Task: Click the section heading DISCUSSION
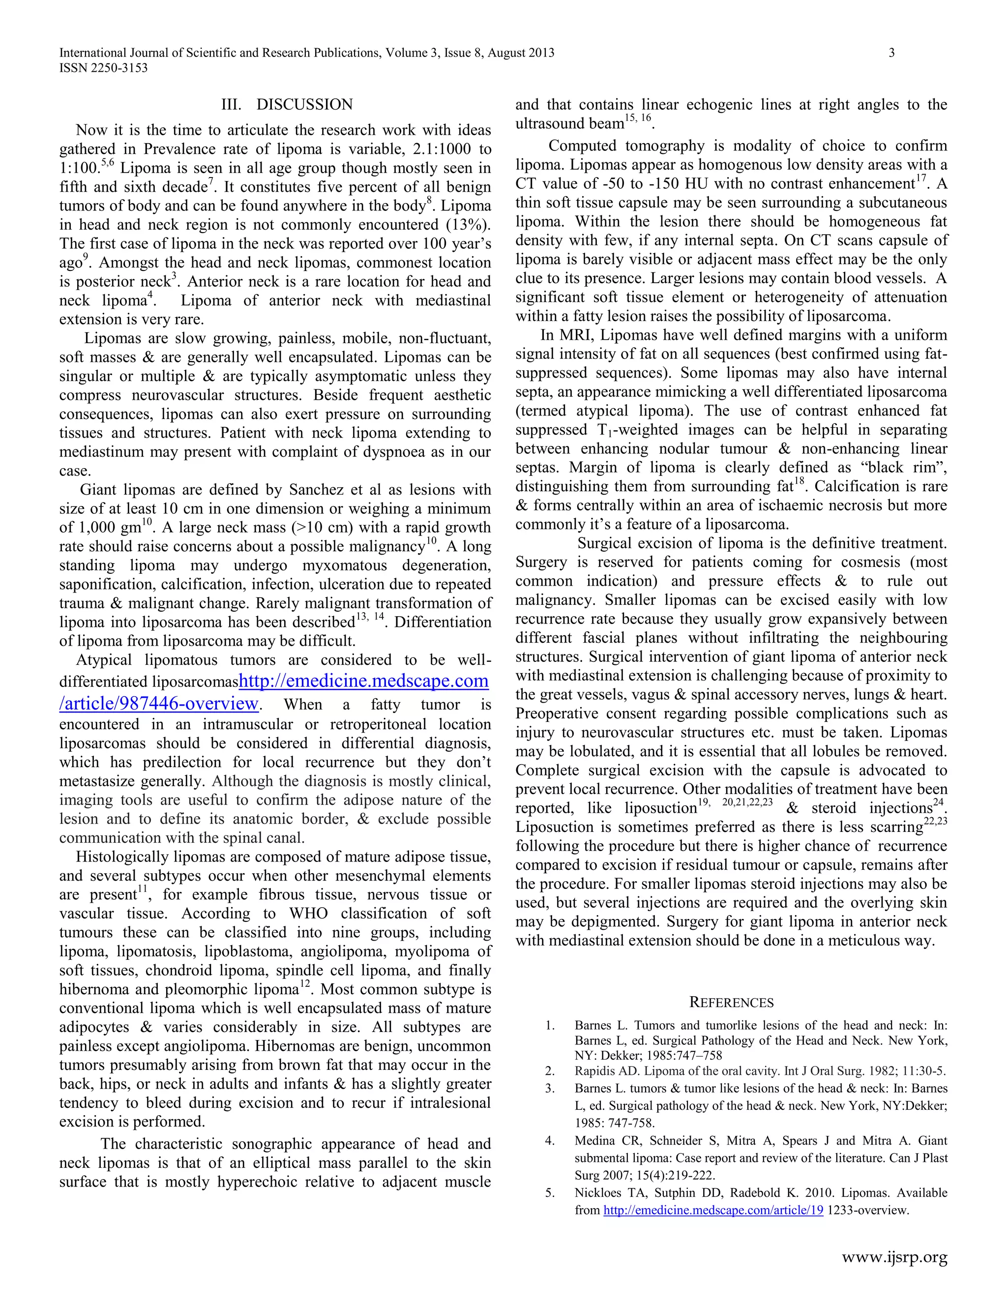coord(304,105)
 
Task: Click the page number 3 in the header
coord(891,53)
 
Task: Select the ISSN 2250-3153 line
coord(103,68)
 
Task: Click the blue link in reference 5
coord(713,1211)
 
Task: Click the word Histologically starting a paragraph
coord(123,858)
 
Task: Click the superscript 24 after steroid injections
coord(940,802)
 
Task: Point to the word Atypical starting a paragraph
coord(104,660)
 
